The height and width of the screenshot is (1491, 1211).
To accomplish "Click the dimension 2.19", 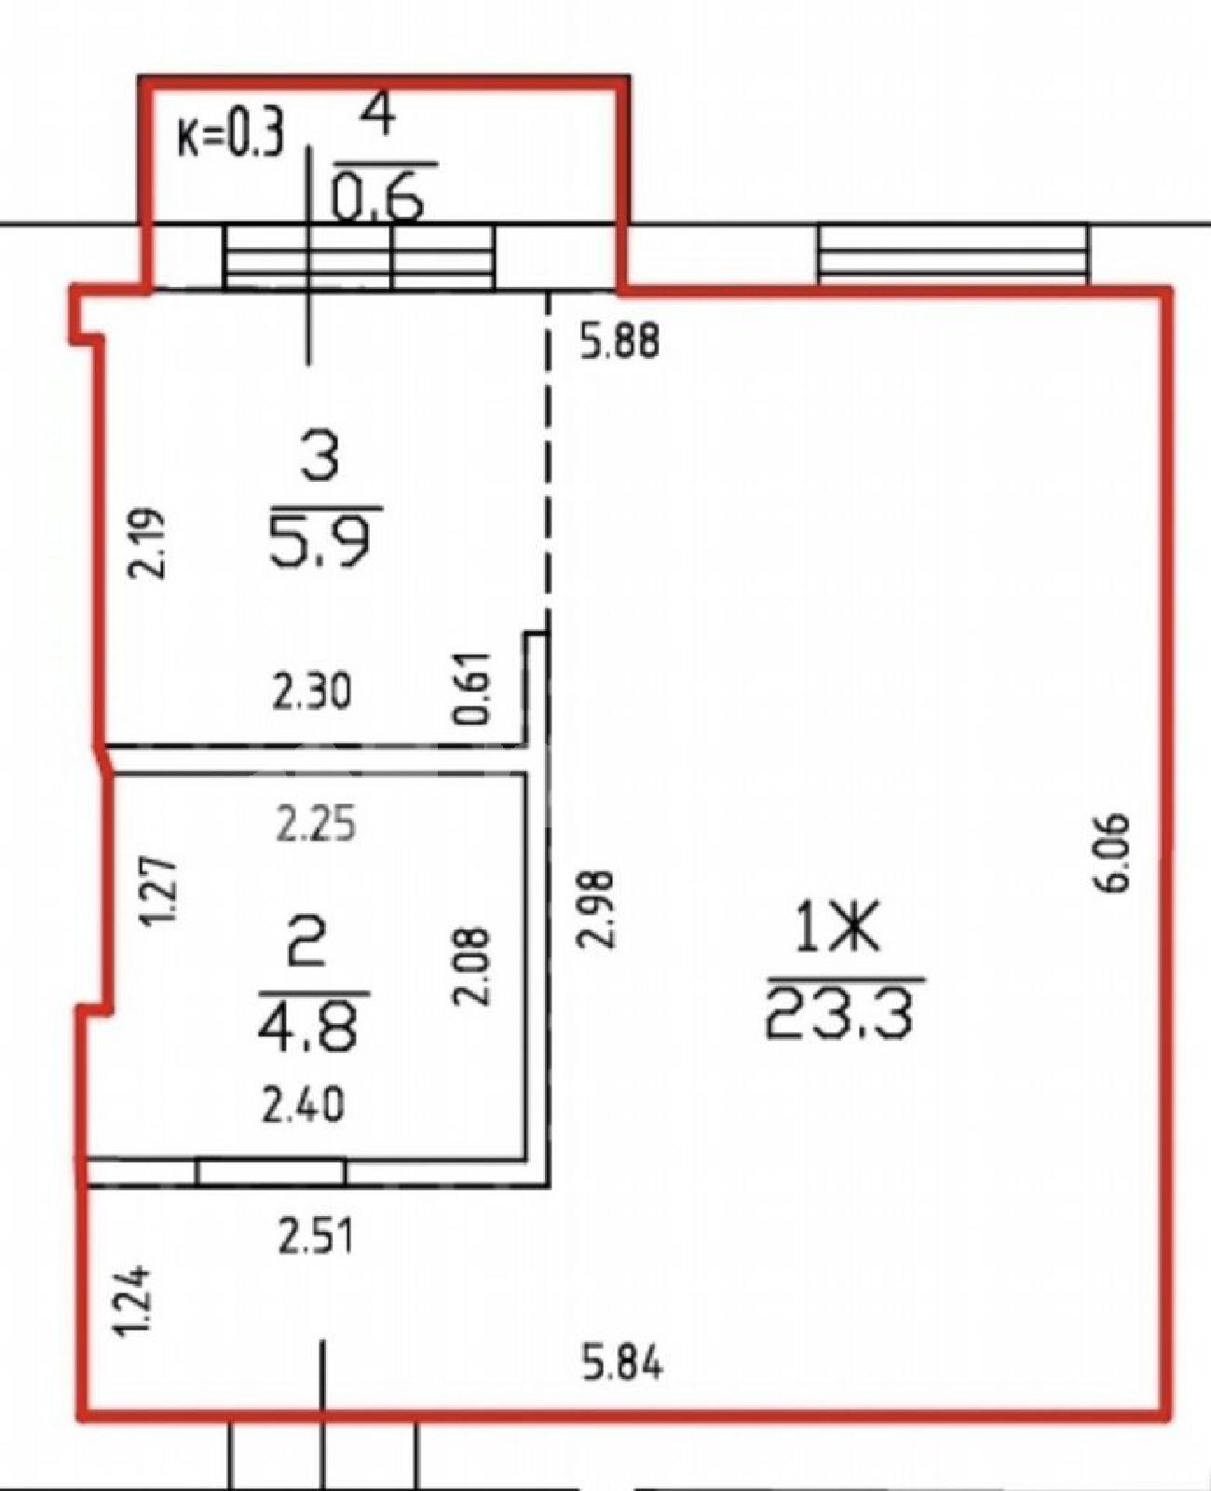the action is [x=147, y=541].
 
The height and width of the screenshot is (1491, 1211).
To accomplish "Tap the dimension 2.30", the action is [x=310, y=694].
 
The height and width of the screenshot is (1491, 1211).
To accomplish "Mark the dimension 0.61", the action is [x=470, y=688].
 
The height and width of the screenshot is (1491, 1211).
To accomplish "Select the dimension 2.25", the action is [x=316, y=823].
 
